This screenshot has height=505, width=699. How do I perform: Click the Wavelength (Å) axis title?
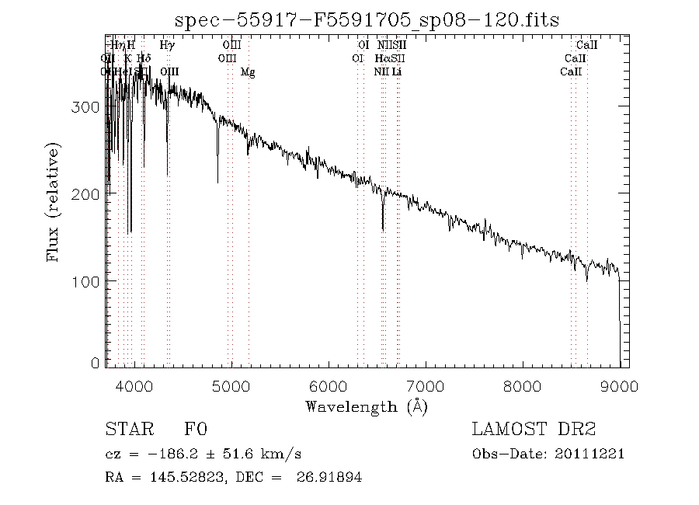pyautogui.click(x=367, y=406)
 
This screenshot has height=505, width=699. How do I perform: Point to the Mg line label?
pyautogui.click(x=248, y=72)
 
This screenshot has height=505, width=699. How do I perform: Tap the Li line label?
pyautogui.click(x=397, y=71)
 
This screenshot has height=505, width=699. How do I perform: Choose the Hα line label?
pyautogui.click(x=382, y=59)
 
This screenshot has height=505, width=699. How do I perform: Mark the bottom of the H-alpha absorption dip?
pyautogui.click(x=383, y=228)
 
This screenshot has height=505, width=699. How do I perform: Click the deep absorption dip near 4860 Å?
pyautogui.click(x=217, y=181)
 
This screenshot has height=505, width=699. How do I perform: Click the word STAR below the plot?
pyautogui.click(x=125, y=430)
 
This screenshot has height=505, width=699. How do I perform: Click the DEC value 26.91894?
pyautogui.click(x=329, y=477)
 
